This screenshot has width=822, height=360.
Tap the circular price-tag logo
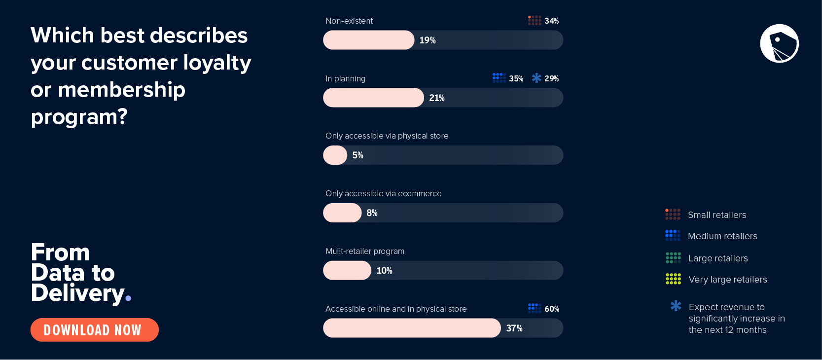coord(779,43)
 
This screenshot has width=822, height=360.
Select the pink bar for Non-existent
coord(368,40)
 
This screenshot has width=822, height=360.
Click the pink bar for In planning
coord(373,98)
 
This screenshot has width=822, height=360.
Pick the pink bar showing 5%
coord(335,155)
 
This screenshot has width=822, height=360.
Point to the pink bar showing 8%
coord(342,213)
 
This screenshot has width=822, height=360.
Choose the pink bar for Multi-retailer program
coord(347,271)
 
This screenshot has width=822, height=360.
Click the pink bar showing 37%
coord(412,328)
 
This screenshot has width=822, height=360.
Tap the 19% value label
coord(428,40)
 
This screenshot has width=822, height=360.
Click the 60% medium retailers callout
coord(544,309)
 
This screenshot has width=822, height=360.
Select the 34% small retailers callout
coord(544,21)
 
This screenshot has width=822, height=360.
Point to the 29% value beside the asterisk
coord(551,78)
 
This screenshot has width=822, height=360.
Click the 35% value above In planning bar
coord(516,78)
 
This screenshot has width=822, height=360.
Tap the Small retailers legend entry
coord(717,215)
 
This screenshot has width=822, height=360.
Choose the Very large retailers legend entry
coord(727,280)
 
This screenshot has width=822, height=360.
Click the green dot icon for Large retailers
coord(673,258)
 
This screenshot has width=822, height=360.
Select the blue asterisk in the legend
coord(676,306)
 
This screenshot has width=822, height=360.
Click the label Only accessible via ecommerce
coord(383,193)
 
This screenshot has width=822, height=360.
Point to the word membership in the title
coord(121,90)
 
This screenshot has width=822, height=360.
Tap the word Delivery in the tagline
coord(77,293)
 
